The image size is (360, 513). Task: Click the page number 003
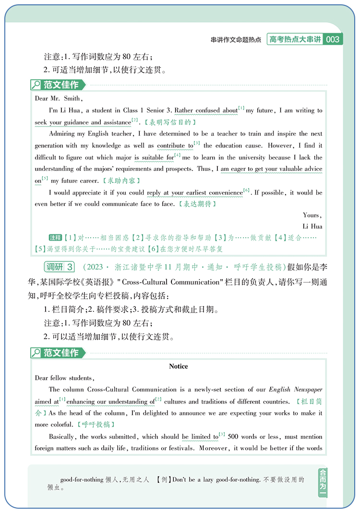[333, 40]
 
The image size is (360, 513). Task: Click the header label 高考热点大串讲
[295, 40]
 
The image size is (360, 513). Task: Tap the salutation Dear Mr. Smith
[59, 98]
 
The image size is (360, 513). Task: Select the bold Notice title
[179, 366]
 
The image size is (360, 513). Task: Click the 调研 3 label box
[60, 267]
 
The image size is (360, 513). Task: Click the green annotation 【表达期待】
[197, 204]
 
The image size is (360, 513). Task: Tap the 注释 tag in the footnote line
[56, 238]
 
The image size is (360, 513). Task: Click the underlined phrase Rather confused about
[206, 110]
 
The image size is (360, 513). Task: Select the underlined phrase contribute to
[175, 146]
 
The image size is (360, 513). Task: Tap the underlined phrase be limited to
[200, 437]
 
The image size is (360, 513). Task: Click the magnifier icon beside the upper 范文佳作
[36, 85]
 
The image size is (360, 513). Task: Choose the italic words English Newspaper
[295, 390]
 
